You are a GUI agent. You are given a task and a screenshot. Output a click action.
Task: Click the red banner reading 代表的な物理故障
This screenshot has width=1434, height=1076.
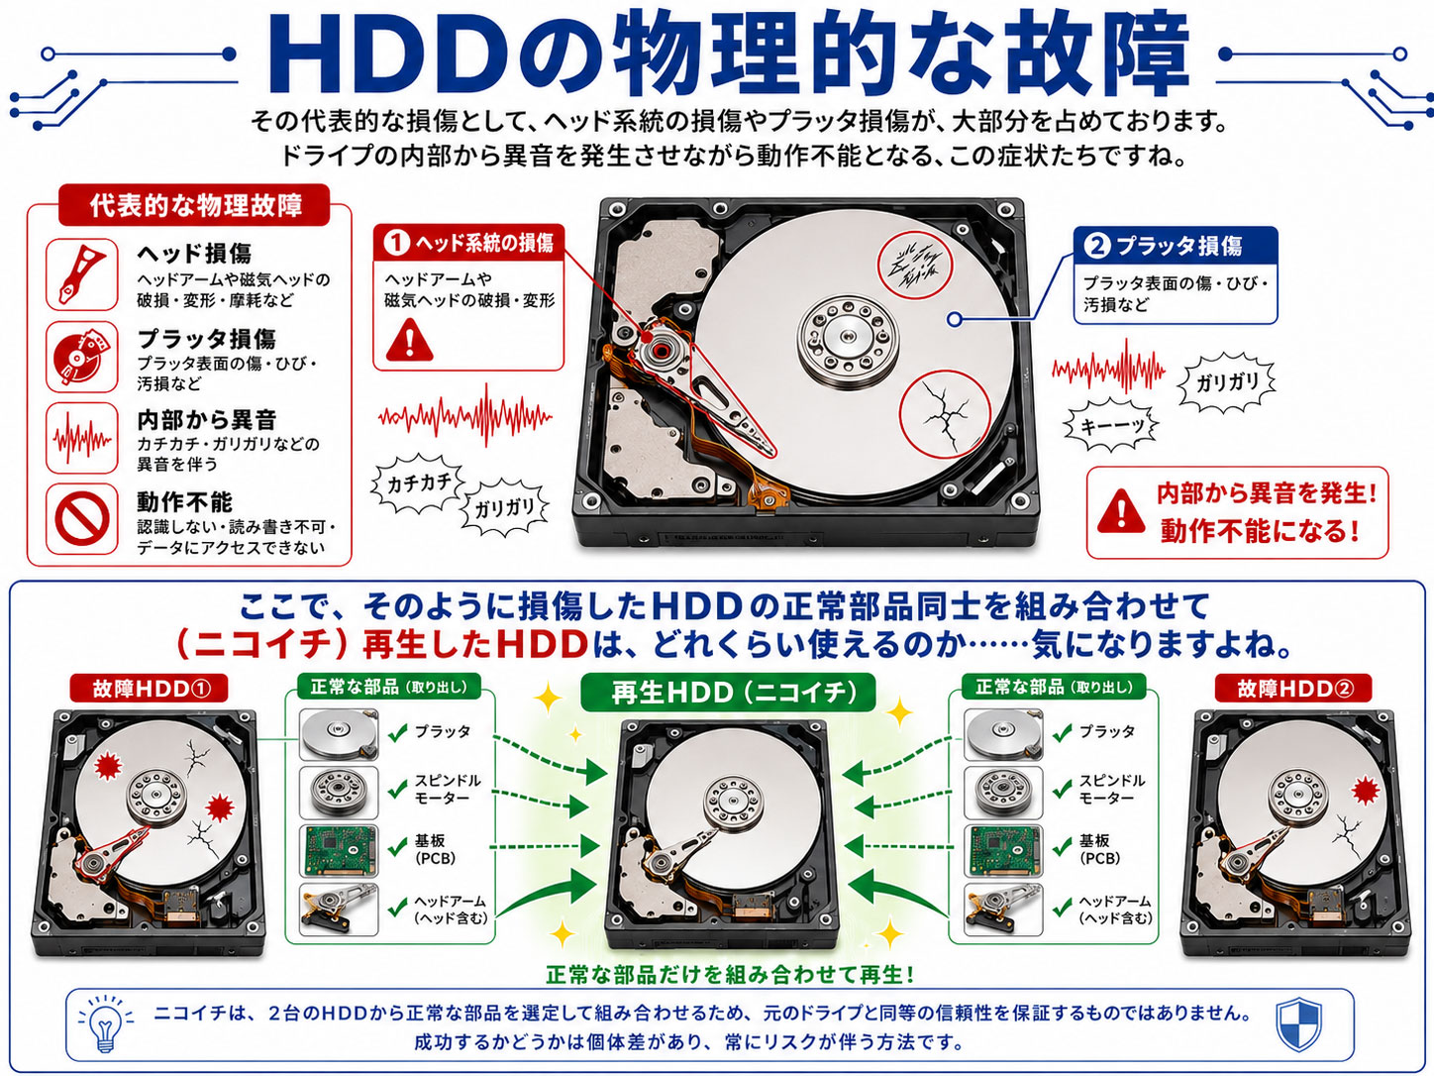pyautogui.click(x=194, y=205)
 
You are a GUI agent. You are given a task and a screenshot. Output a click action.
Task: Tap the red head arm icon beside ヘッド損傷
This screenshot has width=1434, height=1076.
pyautogui.click(x=81, y=274)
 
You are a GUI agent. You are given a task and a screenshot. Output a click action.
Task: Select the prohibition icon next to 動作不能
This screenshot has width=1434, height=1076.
pyautogui.click(x=81, y=519)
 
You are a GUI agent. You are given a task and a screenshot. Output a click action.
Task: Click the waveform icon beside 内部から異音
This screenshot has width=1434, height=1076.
pyautogui.click(x=81, y=438)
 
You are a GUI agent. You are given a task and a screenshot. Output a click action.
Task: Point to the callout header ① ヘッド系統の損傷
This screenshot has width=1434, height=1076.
pyautogui.click(x=468, y=243)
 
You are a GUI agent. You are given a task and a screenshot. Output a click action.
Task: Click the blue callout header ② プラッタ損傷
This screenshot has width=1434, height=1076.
pyautogui.click(x=1176, y=246)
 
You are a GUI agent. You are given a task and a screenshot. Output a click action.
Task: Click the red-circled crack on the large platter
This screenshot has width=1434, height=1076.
pyautogui.click(x=945, y=415)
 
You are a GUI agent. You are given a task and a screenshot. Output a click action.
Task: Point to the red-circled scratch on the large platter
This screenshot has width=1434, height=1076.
pyautogui.click(x=914, y=265)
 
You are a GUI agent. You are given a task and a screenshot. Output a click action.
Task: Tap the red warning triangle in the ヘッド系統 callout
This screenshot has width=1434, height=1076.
pyautogui.click(x=410, y=341)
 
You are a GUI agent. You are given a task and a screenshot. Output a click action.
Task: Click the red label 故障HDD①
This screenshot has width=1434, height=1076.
pyautogui.click(x=150, y=689)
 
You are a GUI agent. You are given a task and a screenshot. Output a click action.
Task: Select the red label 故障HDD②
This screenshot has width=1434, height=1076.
pyautogui.click(x=1293, y=689)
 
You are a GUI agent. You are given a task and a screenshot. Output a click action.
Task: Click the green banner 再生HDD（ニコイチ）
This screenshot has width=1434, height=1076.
pyautogui.click(x=728, y=693)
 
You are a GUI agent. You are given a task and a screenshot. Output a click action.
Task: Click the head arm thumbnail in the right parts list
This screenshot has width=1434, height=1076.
pyautogui.click(x=1003, y=909)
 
